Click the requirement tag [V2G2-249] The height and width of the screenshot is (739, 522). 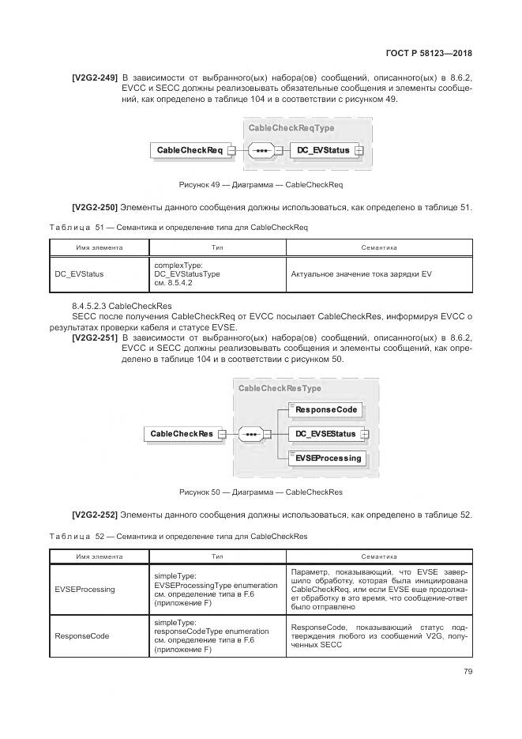(x=94, y=77)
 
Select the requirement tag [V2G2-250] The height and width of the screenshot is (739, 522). (x=94, y=208)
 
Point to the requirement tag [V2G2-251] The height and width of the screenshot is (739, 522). (x=94, y=337)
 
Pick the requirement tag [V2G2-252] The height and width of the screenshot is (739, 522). (x=94, y=515)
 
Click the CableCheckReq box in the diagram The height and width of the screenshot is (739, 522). (x=190, y=150)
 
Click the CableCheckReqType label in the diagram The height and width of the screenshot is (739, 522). (x=291, y=128)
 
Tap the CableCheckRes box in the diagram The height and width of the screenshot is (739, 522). (x=182, y=434)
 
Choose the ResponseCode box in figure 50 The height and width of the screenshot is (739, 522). (x=326, y=409)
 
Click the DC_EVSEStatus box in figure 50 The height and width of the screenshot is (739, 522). (x=325, y=434)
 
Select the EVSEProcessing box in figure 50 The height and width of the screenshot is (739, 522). (x=327, y=458)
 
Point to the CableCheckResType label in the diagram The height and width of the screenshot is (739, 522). (x=280, y=388)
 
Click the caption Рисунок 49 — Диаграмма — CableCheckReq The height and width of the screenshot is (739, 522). (x=261, y=185)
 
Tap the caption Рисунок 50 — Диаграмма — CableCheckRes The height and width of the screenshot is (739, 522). (x=261, y=492)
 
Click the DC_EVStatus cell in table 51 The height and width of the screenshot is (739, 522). (x=79, y=274)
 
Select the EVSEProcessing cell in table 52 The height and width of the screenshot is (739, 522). (x=84, y=589)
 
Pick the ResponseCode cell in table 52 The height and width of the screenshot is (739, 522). (x=82, y=635)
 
